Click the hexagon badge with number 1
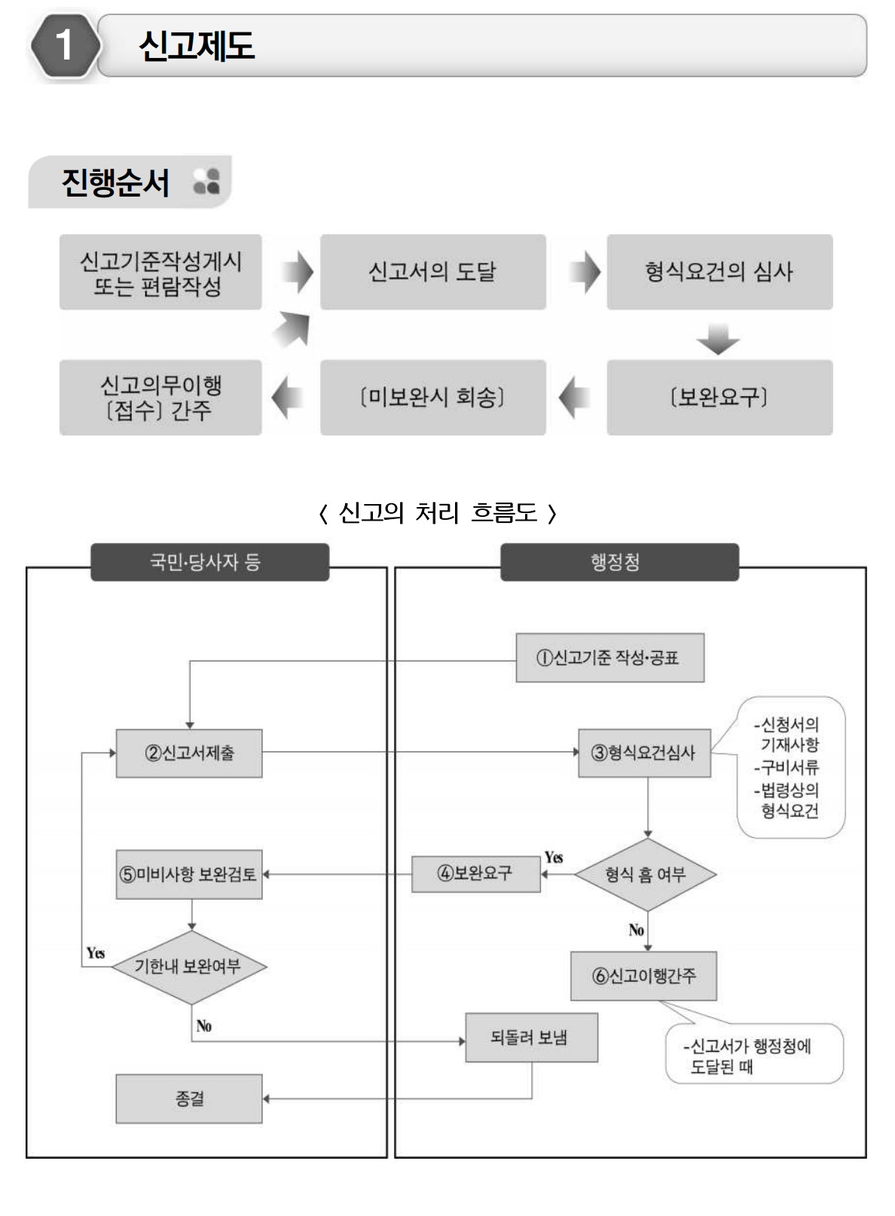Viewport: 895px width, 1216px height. [x=65, y=45]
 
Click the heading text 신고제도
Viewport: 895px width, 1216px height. [x=197, y=46]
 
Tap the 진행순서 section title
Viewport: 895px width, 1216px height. [x=115, y=182]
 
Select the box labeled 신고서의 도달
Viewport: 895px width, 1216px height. [x=432, y=272]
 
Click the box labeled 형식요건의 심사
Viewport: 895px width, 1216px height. [x=719, y=272]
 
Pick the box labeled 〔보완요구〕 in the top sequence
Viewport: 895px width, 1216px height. [x=719, y=397]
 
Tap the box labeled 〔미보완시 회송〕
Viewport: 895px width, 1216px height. [x=432, y=397]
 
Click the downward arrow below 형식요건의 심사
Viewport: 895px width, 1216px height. [x=718, y=339]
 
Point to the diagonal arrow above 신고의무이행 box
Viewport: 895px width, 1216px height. [x=292, y=329]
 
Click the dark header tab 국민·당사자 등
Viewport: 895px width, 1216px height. [x=209, y=562]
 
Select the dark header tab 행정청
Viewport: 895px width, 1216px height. [x=619, y=562]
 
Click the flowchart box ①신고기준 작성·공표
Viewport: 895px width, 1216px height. [x=609, y=658]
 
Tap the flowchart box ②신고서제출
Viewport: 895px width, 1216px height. [x=189, y=753]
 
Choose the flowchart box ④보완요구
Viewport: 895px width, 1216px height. [x=475, y=874]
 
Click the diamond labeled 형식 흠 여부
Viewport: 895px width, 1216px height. [x=646, y=875]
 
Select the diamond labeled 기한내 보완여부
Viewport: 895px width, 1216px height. [x=188, y=967]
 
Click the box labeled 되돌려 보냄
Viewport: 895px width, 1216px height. [x=531, y=1037]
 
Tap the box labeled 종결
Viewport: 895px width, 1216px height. [x=189, y=1098]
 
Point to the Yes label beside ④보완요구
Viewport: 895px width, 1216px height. [x=554, y=857]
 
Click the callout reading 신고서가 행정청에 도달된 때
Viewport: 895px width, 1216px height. [x=753, y=1055]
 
